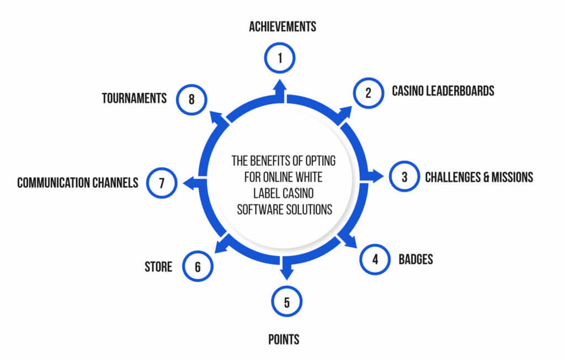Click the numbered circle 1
(x=280, y=58)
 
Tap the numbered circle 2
(x=368, y=93)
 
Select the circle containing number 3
(x=404, y=176)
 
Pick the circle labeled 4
(x=375, y=259)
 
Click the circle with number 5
(x=286, y=301)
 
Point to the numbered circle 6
(x=198, y=266)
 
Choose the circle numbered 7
(x=162, y=183)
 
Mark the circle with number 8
(x=191, y=99)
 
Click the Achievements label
(x=282, y=27)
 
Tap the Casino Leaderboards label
(x=443, y=91)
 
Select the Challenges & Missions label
(x=479, y=177)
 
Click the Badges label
(x=415, y=259)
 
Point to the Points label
(x=284, y=339)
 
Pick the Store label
(x=158, y=267)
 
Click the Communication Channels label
(x=77, y=183)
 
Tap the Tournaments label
(x=134, y=98)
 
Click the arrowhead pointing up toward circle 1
(x=280, y=86)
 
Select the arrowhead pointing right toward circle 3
(x=377, y=176)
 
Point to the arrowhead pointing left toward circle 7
(x=189, y=183)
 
